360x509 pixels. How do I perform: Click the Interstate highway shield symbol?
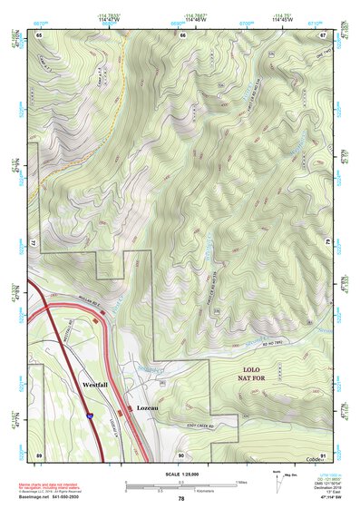[x=90, y=415]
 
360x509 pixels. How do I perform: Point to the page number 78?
[x=181, y=499]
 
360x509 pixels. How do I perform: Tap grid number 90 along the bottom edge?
[x=181, y=454]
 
